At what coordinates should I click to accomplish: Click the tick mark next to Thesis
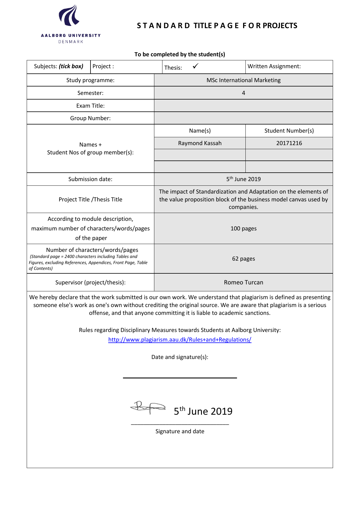[196, 66]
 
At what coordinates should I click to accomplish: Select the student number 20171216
[289, 143]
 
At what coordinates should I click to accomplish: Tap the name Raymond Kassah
[200, 143]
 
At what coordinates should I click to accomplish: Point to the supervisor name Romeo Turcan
[243, 282]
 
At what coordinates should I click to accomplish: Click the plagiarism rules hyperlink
[180, 340]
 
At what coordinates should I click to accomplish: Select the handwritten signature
[148, 407]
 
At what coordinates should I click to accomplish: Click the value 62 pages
[243, 259]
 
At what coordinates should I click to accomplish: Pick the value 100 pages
[243, 228]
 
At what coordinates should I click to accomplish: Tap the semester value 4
[243, 93]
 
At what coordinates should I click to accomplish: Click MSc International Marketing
[243, 80]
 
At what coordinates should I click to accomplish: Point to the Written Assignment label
[274, 66]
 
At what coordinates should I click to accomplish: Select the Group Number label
[90, 118]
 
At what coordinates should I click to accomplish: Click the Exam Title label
[90, 106]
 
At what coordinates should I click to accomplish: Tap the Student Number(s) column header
[289, 131]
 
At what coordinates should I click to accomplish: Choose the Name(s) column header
[200, 131]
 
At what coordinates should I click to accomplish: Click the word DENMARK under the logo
[71, 42]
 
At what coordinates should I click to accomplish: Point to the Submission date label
[90, 179]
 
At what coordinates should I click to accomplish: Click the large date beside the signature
[203, 411]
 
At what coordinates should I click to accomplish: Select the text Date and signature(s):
[180, 357]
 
